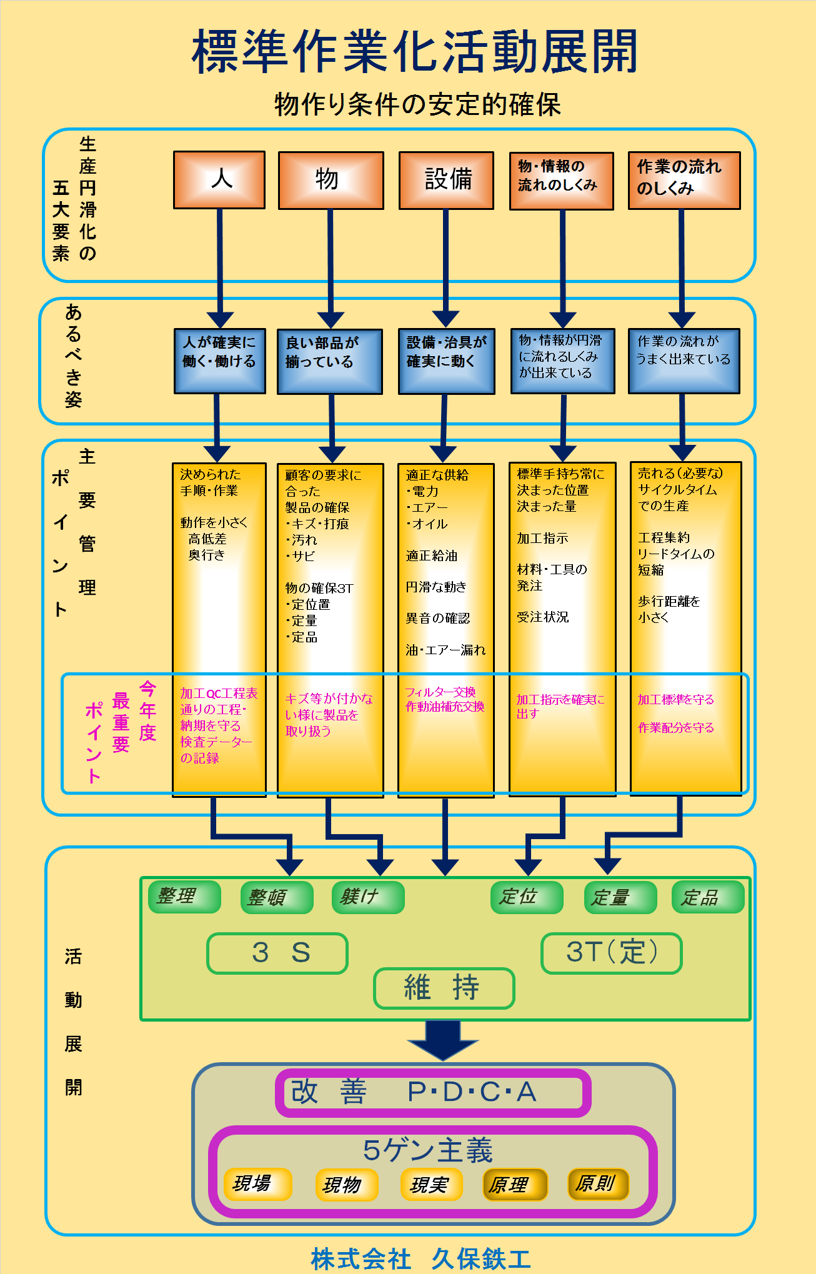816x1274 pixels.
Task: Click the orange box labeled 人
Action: pos(219,180)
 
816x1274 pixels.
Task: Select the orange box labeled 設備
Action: pos(446,181)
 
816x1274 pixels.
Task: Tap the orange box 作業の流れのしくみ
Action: pos(684,181)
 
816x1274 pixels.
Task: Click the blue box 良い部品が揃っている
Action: pos(330,362)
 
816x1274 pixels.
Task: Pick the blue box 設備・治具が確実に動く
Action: pos(446,361)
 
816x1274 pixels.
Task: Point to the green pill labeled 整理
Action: pos(184,897)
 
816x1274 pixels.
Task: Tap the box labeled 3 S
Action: pos(277,953)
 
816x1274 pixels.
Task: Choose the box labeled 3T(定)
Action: pos(611,953)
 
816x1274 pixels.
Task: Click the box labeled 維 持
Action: pos(444,988)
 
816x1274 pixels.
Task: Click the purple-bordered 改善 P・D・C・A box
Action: pos(433,1092)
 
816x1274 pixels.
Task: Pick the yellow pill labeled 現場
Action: pos(257,1184)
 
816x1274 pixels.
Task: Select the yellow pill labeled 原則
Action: pos(598,1184)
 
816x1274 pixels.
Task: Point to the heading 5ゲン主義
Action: pos(428,1150)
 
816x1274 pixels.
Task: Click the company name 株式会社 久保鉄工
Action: pos(421,1258)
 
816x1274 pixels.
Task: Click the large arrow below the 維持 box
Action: pos(443,1040)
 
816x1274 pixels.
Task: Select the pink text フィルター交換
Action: pos(440,692)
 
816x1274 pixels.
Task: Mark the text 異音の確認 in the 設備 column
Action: pos(437,619)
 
